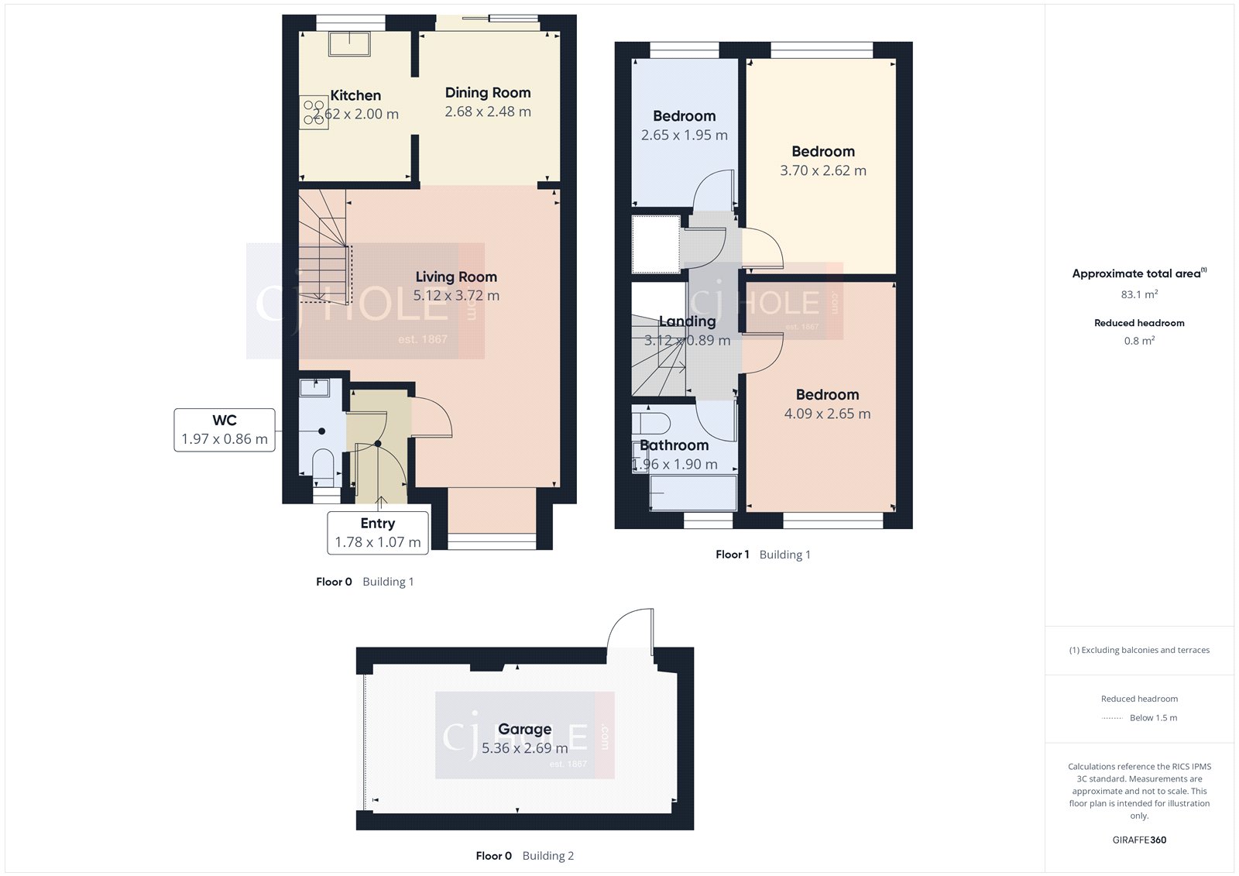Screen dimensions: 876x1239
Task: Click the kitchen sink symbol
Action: pyautogui.click(x=349, y=43)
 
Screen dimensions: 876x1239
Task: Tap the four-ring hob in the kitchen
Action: pyautogui.click(x=314, y=112)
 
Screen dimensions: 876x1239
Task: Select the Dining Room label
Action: pyautogui.click(x=488, y=93)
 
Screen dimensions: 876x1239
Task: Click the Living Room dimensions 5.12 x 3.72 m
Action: pyautogui.click(x=456, y=296)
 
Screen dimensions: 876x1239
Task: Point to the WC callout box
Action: pyautogui.click(x=225, y=430)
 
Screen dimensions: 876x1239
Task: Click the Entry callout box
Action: pyautogui.click(x=378, y=533)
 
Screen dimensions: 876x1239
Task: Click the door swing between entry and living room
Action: pyautogui.click(x=432, y=417)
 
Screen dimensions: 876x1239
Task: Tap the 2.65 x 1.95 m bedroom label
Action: pyautogui.click(x=684, y=116)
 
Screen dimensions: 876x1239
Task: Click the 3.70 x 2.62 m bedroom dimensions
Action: pyautogui.click(x=823, y=170)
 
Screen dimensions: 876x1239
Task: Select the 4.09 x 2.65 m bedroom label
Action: pyautogui.click(x=827, y=395)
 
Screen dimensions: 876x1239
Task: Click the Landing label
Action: pyautogui.click(x=687, y=321)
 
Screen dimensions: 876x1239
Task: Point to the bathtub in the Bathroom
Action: pyautogui.click(x=693, y=493)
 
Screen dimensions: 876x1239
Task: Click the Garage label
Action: pyautogui.click(x=525, y=729)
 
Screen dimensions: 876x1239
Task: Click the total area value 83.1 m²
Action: pyautogui.click(x=1139, y=294)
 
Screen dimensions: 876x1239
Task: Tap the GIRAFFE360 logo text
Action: pyautogui.click(x=1139, y=840)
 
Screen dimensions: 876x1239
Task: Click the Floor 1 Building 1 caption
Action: pyautogui.click(x=763, y=555)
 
